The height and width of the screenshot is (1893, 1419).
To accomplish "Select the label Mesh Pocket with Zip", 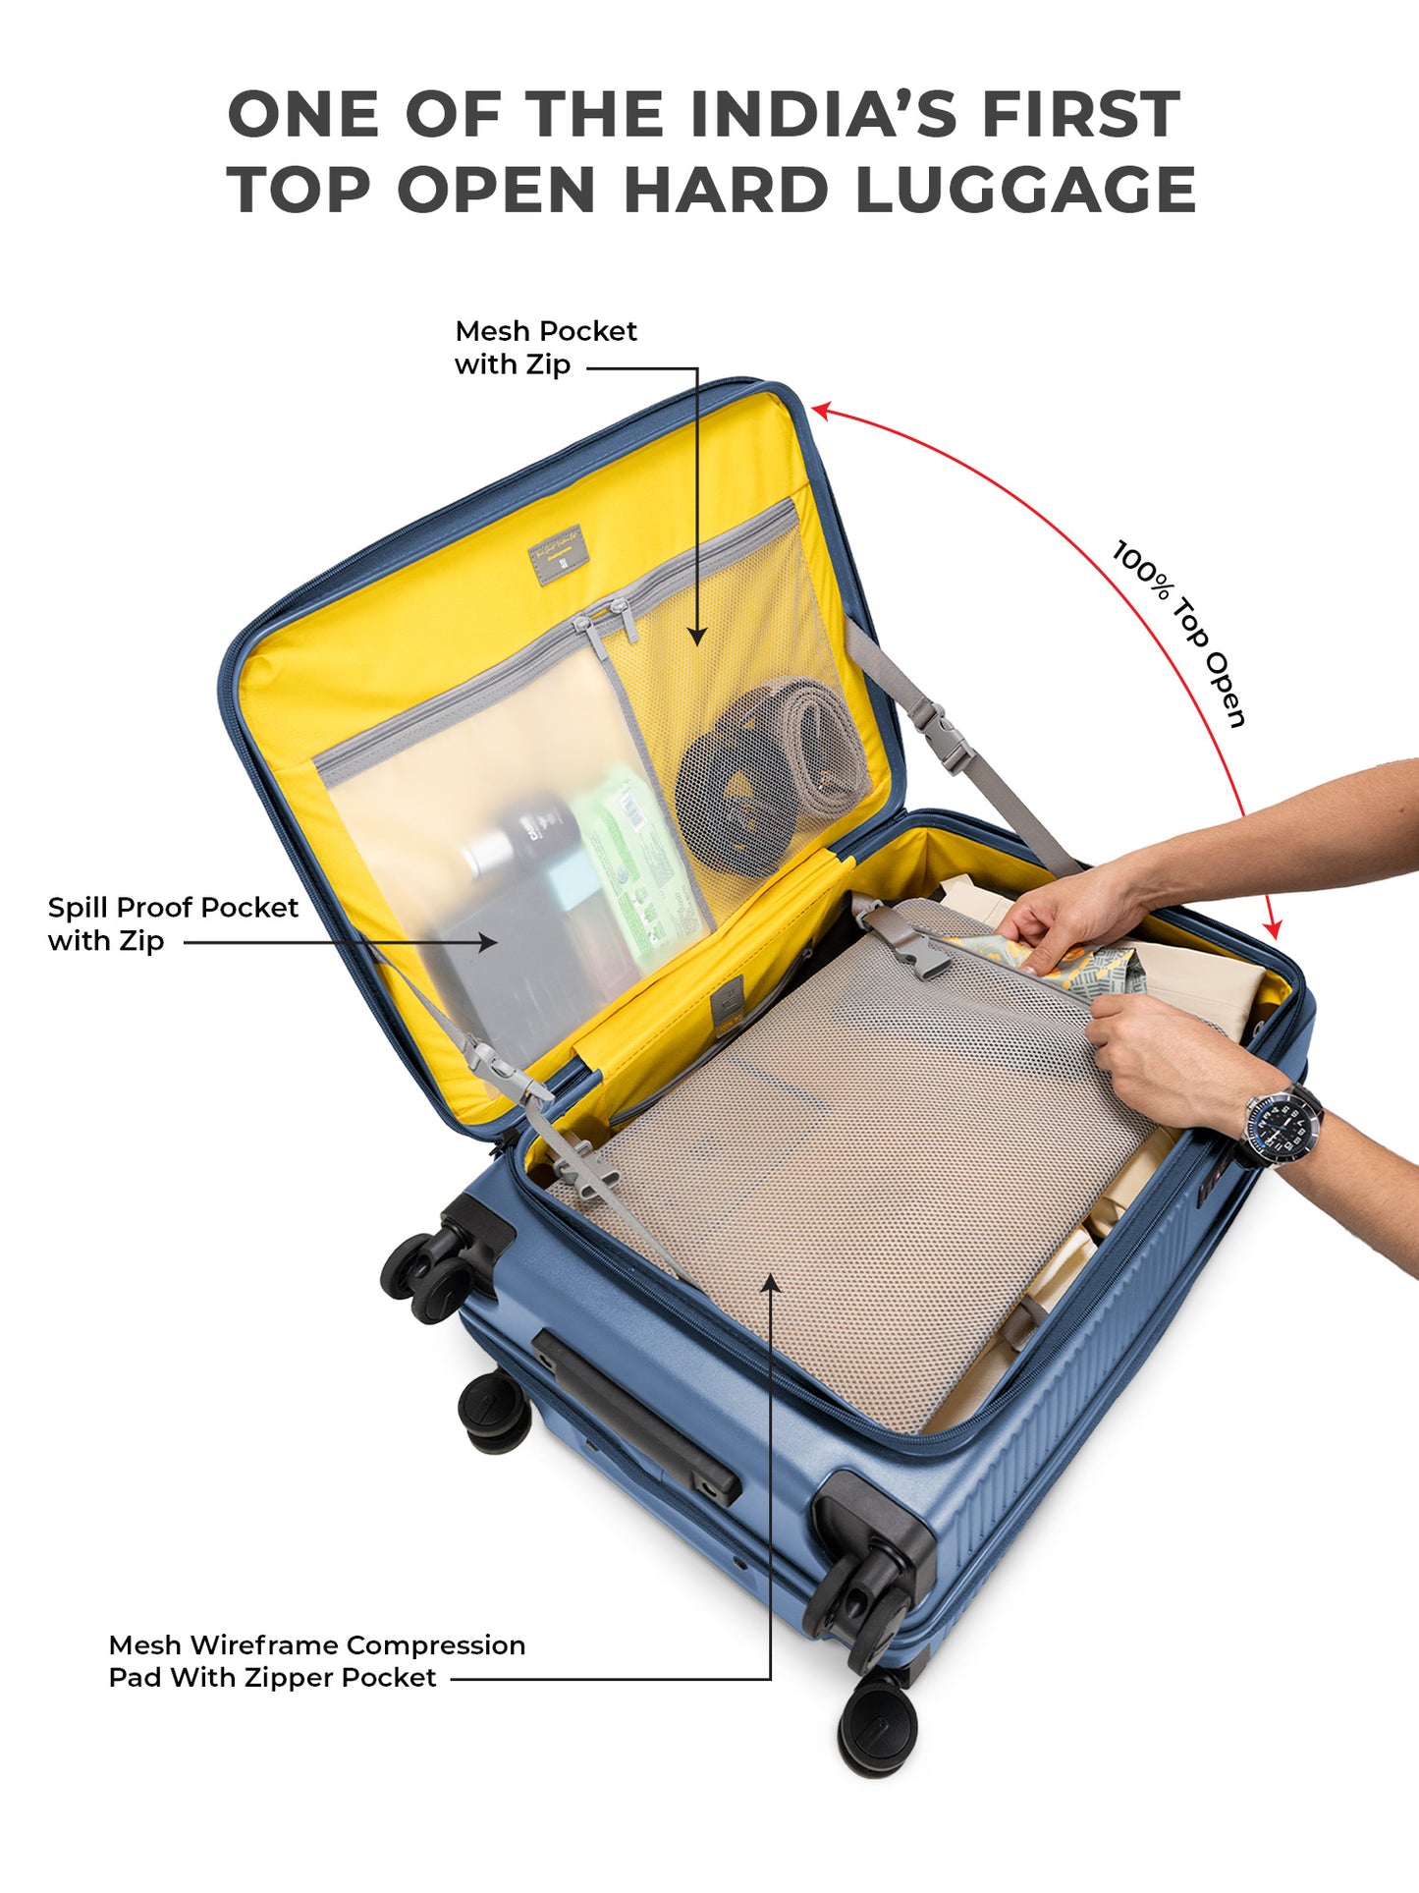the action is tap(546, 348).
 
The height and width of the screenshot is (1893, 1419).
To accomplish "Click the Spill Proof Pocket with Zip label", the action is tap(173, 923).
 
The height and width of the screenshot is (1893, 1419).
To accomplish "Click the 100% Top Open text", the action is tap(1178, 634).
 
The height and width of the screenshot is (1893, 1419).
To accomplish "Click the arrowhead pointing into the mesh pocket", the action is tap(696, 637).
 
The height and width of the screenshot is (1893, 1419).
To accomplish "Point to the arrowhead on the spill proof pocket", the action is tap(487, 942).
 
